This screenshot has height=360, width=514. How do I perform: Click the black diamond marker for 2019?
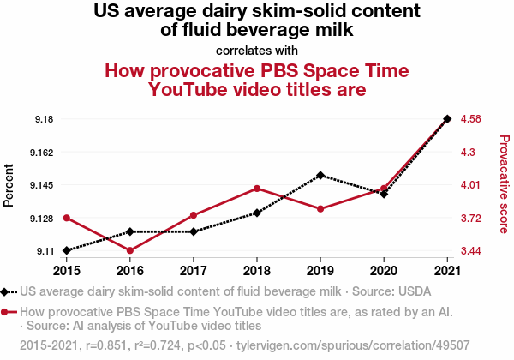pyautogui.click(x=320, y=175)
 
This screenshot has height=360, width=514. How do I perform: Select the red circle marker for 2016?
pyautogui.click(x=130, y=250)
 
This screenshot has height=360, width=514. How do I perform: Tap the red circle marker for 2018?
pyautogui.click(x=257, y=189)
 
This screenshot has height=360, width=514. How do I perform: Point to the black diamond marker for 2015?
pyautogui.click(x=67, y=250)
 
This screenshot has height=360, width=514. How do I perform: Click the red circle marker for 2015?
pyautogui.click(x=67, y=218)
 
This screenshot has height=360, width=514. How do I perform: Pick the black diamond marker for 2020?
pyautogui.click(x=384, y=195)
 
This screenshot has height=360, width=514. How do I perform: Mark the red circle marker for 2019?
pyautogui.click(x=320, y=208)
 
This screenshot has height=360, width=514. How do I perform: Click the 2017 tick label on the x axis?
pyautogui.click(x=194, y=269)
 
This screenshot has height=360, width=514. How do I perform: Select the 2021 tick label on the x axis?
pyautogui.click(x=446, y=269)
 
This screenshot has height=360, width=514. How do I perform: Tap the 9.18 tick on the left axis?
pyautogui.click(x=42, y=118)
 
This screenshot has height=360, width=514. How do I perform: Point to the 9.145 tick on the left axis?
pyautogui.click(x=39, y=185)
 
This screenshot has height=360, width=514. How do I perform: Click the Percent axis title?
pyautogui.click(x=9, y=184)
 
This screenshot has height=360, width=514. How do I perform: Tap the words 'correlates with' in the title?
pyautogui.click(x=257, y=50)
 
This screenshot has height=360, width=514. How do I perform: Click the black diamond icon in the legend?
pyautogui.click(x=6, y=291)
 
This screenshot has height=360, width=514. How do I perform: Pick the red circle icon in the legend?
pyautogui.click(x=6, y=312)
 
